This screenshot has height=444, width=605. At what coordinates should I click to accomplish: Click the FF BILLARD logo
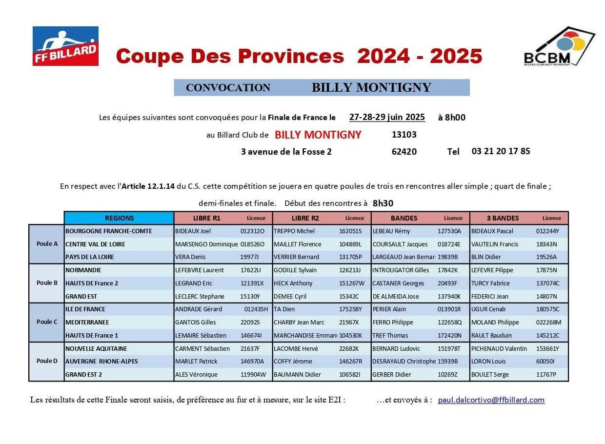65,46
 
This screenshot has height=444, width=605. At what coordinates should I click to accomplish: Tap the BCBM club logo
559,46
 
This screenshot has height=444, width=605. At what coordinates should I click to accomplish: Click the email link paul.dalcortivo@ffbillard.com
491,400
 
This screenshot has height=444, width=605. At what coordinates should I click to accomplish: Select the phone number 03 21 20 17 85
501,151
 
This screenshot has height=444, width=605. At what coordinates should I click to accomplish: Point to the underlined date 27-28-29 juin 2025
387,117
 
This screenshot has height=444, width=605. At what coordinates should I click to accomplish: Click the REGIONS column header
119,218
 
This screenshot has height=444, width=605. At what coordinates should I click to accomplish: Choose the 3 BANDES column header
503,218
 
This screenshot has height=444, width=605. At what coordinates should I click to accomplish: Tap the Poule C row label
47,322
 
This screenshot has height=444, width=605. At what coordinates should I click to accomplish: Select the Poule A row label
47,244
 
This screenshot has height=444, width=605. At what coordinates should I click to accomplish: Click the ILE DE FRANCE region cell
85,309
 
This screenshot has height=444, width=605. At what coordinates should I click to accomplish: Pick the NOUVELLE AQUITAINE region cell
96,349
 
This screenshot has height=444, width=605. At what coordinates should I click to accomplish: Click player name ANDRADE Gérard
198,309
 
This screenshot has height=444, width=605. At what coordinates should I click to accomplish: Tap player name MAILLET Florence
297,244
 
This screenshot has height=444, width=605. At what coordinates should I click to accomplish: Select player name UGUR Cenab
488,309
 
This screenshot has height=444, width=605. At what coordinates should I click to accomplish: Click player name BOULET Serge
490,375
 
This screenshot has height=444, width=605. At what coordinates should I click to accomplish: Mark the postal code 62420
404,152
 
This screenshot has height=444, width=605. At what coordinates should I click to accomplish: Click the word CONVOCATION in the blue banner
228,88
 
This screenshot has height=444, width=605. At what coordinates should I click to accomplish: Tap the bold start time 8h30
383,203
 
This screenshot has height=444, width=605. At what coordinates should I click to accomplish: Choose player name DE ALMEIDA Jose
396,297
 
